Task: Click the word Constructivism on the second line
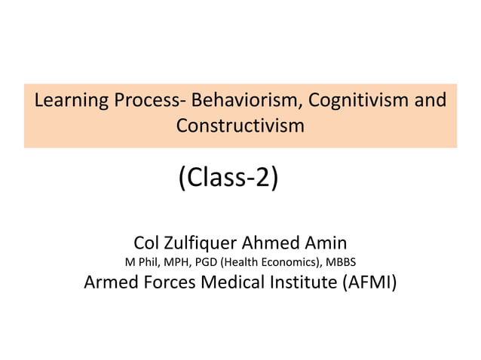[x=240, y=126]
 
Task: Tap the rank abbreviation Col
[x=146, y=243]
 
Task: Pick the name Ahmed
[x=271, y=243]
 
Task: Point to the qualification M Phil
[x=138, y=263]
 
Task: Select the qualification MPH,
[x=174, y=263]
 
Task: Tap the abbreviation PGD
[x=205, y=263]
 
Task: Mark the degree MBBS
[x=342, y=263]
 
